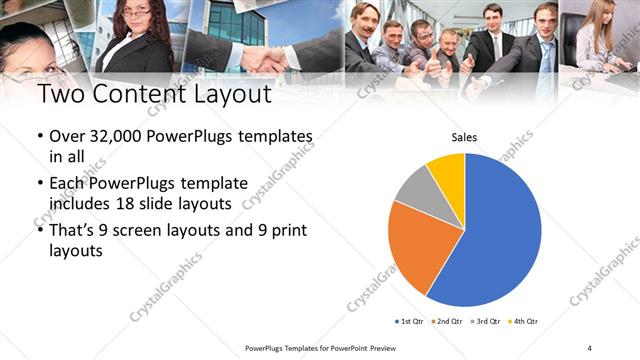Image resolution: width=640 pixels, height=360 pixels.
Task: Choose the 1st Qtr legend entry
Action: click(x=410, y=321)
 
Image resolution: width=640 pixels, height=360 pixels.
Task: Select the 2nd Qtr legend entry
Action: click(x=447, y=321)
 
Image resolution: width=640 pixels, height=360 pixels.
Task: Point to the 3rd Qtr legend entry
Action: click(x=486, y=321)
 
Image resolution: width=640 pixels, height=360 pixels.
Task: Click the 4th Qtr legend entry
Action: click(x=524, y=321)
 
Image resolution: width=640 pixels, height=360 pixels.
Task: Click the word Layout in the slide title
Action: click(x=224, y=96)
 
